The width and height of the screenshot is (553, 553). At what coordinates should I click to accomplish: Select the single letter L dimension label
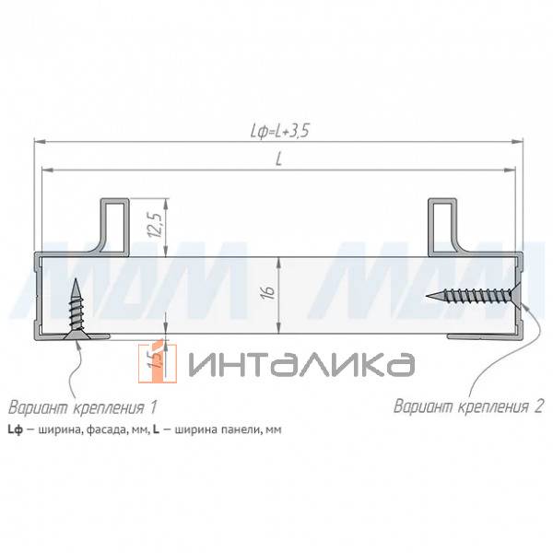pyautogui.click(x=278, y=159)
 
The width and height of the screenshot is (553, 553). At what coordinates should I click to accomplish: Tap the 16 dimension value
pyautogui.click(x=268, y=292)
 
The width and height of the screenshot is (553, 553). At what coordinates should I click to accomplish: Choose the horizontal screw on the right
pyautogui.click(x=475, y=296)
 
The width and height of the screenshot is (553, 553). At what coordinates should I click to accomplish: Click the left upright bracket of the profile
pyautogui.click(x=113, y=224)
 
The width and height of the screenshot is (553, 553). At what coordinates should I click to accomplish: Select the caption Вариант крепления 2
pyautogui.click(x=469, y=405)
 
